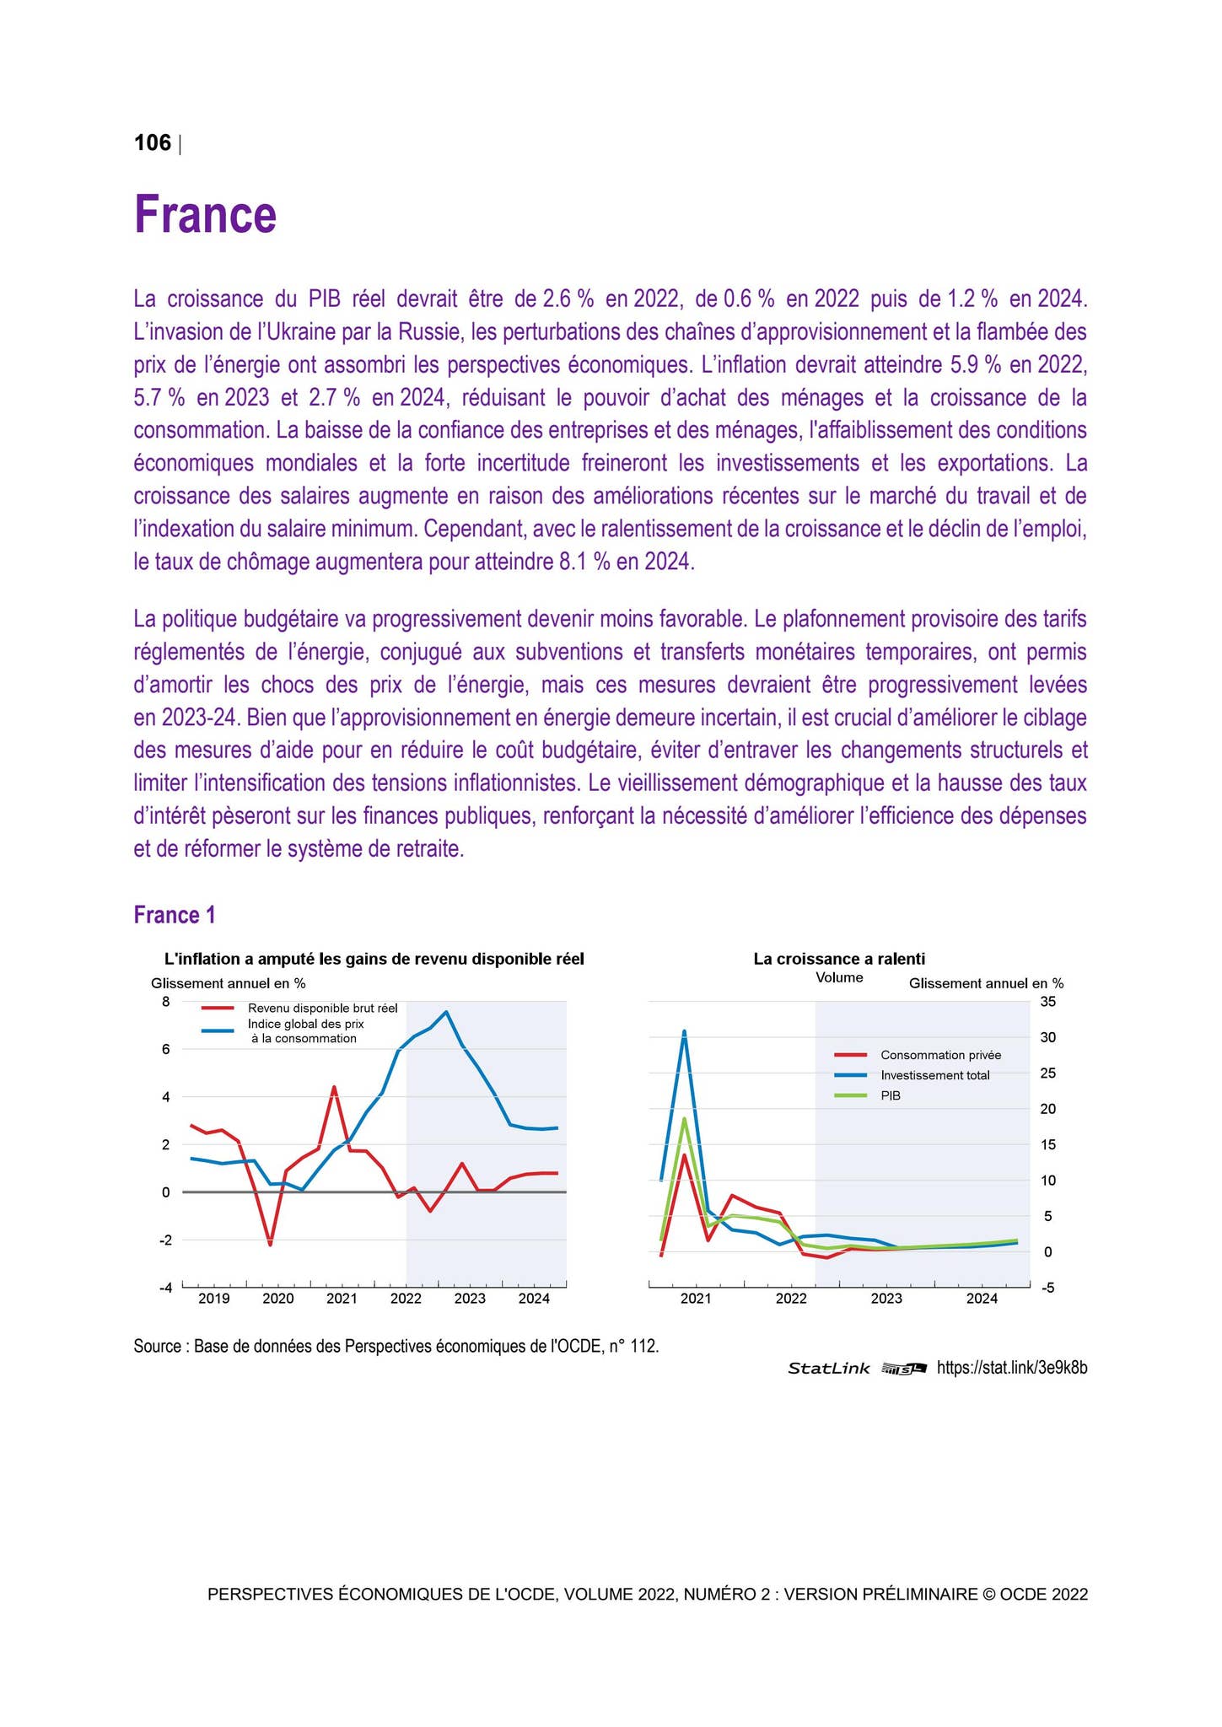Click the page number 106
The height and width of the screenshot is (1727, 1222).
coord(153,143)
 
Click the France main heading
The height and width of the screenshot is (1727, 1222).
coord(205,214)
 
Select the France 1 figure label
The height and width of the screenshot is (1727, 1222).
coord(175,915)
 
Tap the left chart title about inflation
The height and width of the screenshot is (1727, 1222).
coord(374,959)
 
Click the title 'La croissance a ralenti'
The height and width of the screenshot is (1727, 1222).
coord(838,959)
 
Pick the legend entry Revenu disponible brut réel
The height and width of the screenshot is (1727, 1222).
coord(321,1008)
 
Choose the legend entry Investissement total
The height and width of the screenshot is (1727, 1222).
coord(934,1075)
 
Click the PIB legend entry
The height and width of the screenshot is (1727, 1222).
coord(890,1095)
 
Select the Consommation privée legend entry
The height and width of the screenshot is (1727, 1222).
coord(940,1055)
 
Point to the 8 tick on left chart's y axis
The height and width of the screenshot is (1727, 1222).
coord(165,1002)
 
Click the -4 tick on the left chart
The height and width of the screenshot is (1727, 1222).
coord(165,1288)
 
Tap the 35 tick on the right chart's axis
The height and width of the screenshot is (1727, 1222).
coord(1047,1002)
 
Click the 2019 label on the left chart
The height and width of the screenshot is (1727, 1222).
coord(213,1299)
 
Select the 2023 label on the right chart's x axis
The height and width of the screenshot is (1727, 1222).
coord(886,1299)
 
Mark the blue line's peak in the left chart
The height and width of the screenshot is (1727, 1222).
coord(446,1012)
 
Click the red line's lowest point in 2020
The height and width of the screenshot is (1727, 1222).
coord(270,1245)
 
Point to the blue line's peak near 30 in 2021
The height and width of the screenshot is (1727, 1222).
coord(684,1031)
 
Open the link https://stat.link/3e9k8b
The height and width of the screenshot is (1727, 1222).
coord(1011,1368)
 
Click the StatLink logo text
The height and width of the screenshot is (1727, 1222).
coord(828,1369)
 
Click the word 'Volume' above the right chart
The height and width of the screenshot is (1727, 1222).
coord(838,978)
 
